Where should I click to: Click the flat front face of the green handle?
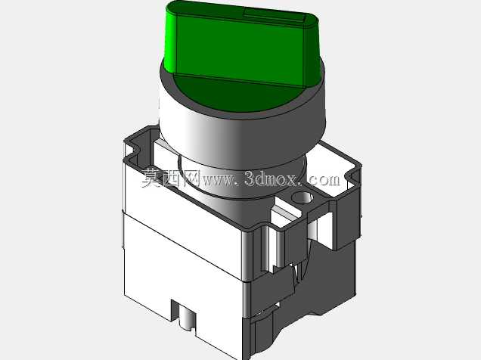[239, 49]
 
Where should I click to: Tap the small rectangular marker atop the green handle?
[274, 16]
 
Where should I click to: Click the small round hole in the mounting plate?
[303, 197]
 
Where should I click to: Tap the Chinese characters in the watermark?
[170, 178]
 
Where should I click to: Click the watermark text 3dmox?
[270, 178]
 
